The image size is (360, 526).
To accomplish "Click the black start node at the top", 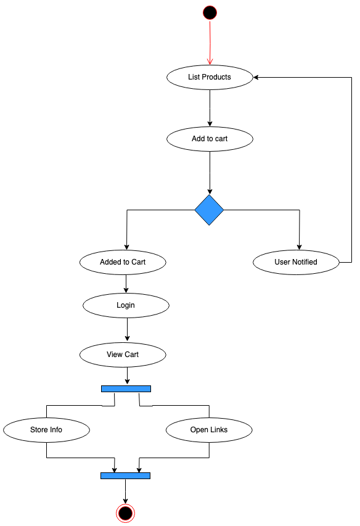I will tap(210, 12).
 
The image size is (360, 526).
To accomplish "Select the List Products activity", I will tap(210, 77).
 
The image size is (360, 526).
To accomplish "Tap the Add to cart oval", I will tap(210, 139).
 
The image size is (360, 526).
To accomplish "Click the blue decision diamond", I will tap(209, 210).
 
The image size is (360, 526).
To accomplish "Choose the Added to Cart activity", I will tap(123, 262).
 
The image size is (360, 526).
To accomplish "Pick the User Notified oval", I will tap(296, 262).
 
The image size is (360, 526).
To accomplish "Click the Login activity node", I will tap(126, 305).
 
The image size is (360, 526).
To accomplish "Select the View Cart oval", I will tap(123, 355).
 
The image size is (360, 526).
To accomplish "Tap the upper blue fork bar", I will tap(126, 388).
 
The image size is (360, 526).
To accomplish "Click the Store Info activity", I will tap(46, 430).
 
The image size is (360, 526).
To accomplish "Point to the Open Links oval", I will tap(209, 430).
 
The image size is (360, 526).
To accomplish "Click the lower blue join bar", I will tap(125, 475).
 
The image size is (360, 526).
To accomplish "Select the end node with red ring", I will tap(125, 512).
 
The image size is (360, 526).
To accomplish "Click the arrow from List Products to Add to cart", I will tap(210, 108).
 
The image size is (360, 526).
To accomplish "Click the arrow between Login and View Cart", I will tap(127, 330).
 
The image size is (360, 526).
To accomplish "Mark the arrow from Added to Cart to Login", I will tap(126, 283).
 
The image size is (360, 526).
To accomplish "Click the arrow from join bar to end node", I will tap(125, 491).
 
